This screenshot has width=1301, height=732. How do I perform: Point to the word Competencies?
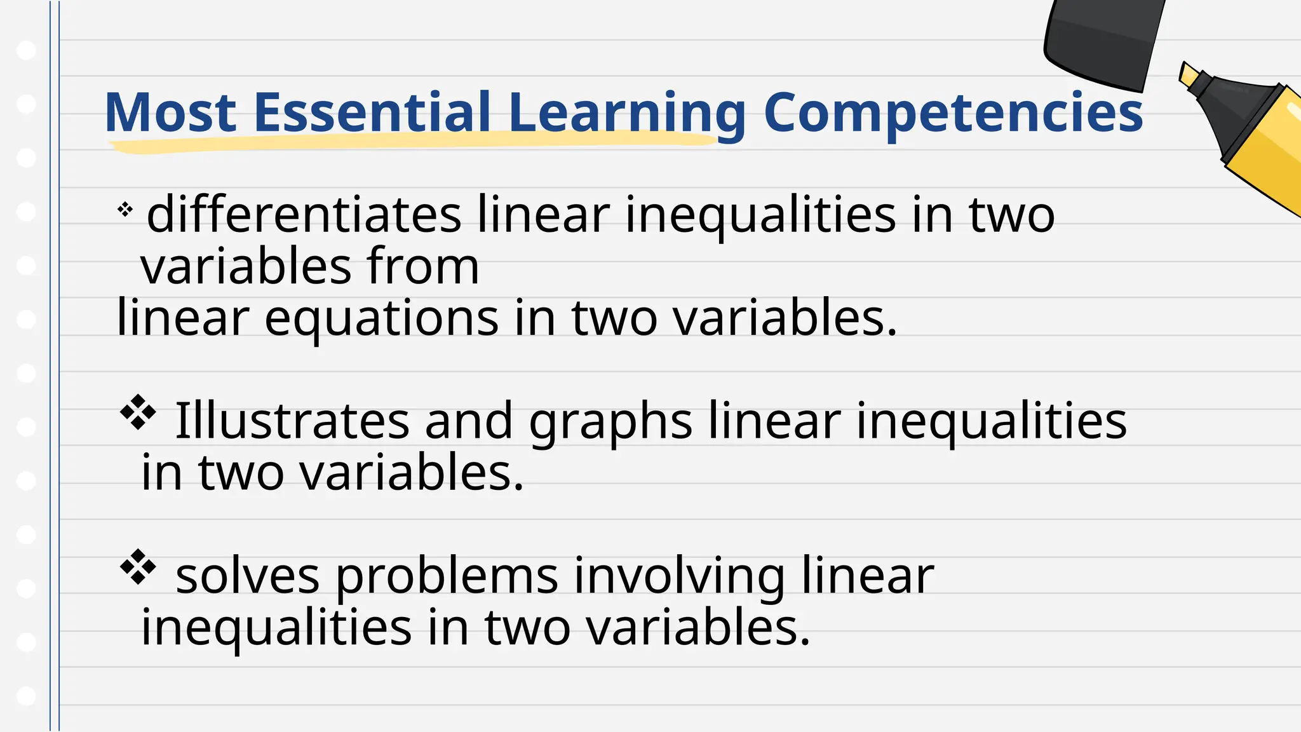pyautogui.click(x=953, y=114)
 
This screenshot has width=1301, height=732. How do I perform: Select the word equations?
pyautogui.click(x=381, y=319)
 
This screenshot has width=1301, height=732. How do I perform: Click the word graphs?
pyautogui.click(x=610, y=423)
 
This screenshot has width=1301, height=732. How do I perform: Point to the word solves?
pyautogui.click(x=247, y=576)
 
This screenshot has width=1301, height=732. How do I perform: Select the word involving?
pyautogui.click(x=679, y=577)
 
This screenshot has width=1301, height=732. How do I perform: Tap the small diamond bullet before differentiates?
pyautogui.click(x=125, y=209)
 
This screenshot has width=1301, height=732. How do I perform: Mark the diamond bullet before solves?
pyautogui.click(x=138, y=567)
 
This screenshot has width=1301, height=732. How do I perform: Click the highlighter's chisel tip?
pyautogui.click(x=1188, y=75)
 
